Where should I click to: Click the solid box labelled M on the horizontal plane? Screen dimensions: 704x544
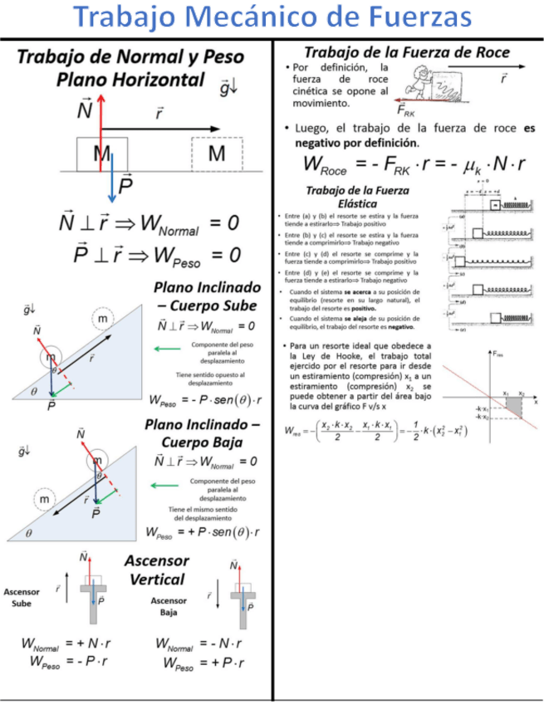[102, 153]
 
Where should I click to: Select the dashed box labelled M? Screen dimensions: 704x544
[216, 153]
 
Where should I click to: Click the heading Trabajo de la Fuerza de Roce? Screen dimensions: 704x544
[407, 51]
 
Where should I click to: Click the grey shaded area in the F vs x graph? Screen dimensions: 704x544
[513, 406]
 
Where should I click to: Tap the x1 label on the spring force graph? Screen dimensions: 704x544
[506, 393]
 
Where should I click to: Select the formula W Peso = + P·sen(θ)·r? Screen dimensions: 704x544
[203, 532]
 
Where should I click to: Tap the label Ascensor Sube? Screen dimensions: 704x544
[22, 598]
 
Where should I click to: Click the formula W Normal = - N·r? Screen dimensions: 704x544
[202, 644]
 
